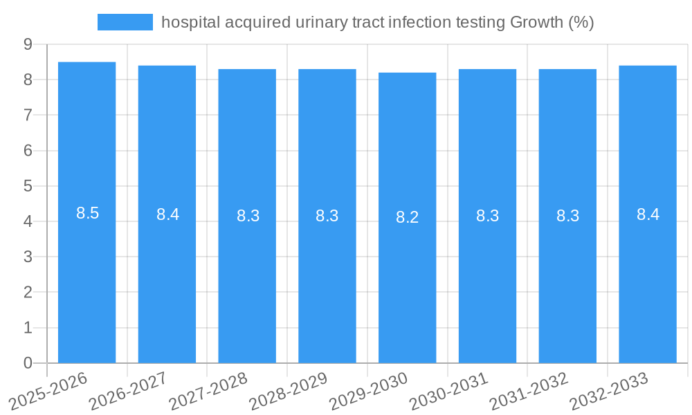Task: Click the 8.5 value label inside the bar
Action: (x=88, y=213)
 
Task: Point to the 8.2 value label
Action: (x=408, y=217)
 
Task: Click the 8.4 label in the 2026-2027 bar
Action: (x=167, y=214)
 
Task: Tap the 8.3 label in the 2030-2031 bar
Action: (x=488, y=216)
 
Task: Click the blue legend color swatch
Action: (x=125, y=22)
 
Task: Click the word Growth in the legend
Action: (x=536, y=22)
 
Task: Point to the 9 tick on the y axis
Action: (x=28, y=44)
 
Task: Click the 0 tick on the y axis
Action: (x=28, y=363)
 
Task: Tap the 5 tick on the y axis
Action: (x=28, y=186)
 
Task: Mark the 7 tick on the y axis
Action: (x=28, y=115)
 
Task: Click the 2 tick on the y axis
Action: (x=28, y=293)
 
